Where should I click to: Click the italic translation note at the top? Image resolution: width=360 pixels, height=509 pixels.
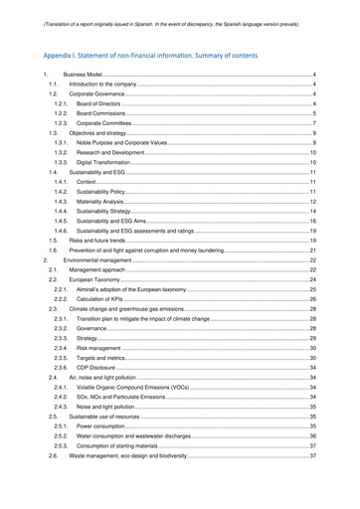179,12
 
